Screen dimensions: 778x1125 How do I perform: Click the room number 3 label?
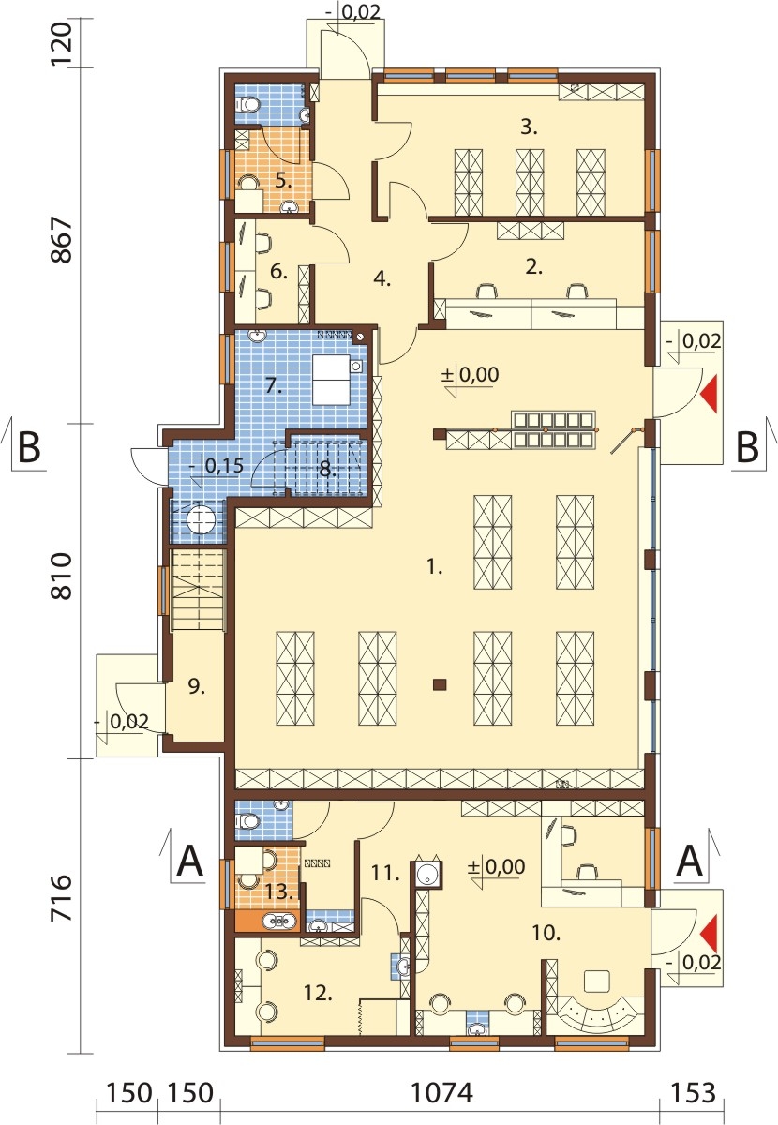click(x=529, y=127)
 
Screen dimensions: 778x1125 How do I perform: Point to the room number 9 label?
click(x=197, y=687)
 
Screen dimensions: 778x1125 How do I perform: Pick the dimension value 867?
click(x=63, y=240)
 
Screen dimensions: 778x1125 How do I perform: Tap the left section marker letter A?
click(x=190, y=861)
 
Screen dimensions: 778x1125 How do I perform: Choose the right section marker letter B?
click(x=746, y=447)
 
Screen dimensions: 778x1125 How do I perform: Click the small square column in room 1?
click(x=440, y=684)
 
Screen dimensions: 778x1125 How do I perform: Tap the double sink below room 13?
click(x=279, y=921)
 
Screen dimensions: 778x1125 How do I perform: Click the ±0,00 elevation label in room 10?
click(x=496, y=866)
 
